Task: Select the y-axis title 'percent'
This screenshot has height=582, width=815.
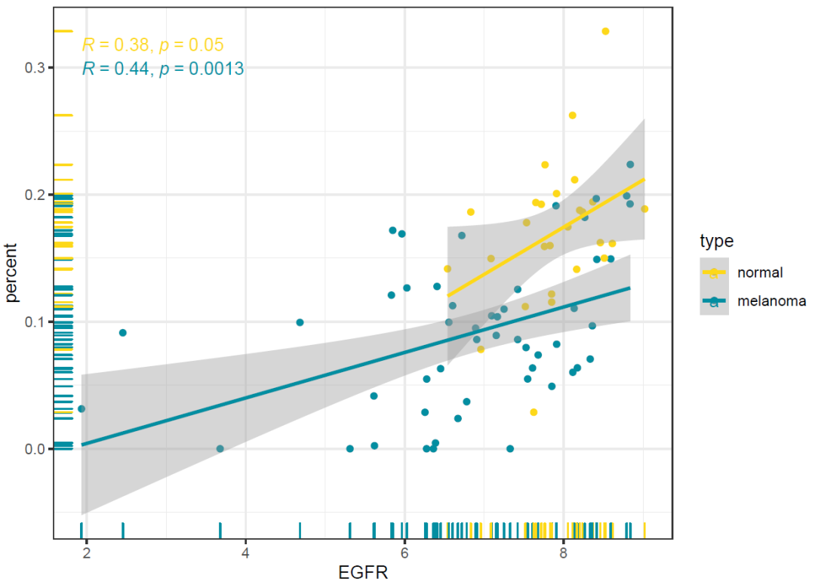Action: (12, 272)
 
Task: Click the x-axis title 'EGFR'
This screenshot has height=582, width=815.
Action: (364, 571)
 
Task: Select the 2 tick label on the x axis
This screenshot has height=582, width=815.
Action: (87, 553)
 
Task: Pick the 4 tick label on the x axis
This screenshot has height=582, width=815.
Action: (246, 553)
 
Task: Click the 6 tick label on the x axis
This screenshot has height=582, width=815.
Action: (404, 553)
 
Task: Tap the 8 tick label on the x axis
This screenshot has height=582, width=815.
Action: (564, 553)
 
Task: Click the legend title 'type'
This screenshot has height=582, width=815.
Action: (717, 242)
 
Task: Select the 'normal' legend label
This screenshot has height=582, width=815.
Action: (760, 273)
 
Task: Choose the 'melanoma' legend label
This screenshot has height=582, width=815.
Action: (771, 301)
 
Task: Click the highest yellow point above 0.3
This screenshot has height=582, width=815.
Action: (605, 31)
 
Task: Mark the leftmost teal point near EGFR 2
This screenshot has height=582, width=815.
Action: (81, 409)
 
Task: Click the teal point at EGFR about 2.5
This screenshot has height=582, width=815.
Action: (123, 333)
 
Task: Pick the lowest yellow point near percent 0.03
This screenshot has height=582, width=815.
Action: (534, 412)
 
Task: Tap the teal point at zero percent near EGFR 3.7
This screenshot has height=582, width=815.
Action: (220, 448)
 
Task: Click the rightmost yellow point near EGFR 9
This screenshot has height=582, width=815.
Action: (644, 209)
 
